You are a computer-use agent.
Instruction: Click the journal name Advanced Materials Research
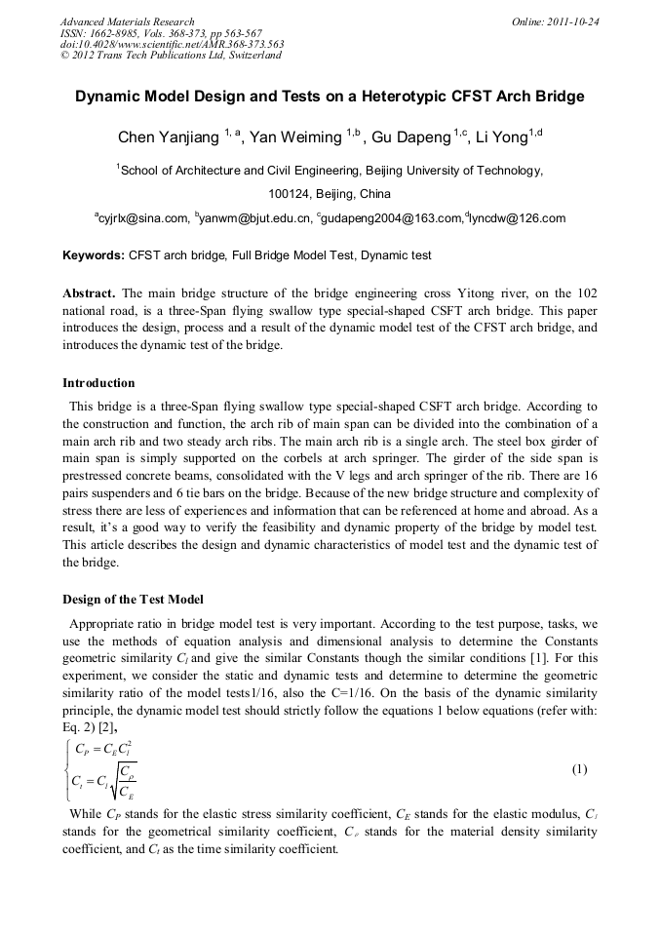[127, 21]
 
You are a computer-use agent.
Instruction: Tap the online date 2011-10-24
[572, 21]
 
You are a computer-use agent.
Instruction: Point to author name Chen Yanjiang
[169, 137]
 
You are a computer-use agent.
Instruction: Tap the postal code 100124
[291, 193]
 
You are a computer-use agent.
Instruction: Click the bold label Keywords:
[94, 255]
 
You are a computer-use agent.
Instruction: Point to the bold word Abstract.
[91, 293]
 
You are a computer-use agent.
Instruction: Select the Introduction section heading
[98, 382]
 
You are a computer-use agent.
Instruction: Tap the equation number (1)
[579, 769]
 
